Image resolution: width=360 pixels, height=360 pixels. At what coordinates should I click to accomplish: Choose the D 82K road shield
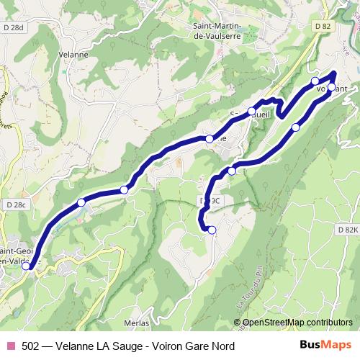346,228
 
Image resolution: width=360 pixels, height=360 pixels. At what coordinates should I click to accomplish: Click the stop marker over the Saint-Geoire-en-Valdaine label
27,266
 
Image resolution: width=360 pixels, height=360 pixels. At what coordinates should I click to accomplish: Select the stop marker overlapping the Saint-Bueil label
252,111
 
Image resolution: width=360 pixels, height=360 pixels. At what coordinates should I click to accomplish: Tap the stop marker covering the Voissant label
331,88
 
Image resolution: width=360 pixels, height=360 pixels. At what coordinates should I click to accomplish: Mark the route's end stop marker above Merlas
212,230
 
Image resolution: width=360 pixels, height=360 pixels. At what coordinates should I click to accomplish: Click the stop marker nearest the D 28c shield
81,202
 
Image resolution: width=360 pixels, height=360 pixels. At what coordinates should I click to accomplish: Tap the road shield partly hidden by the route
209,200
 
